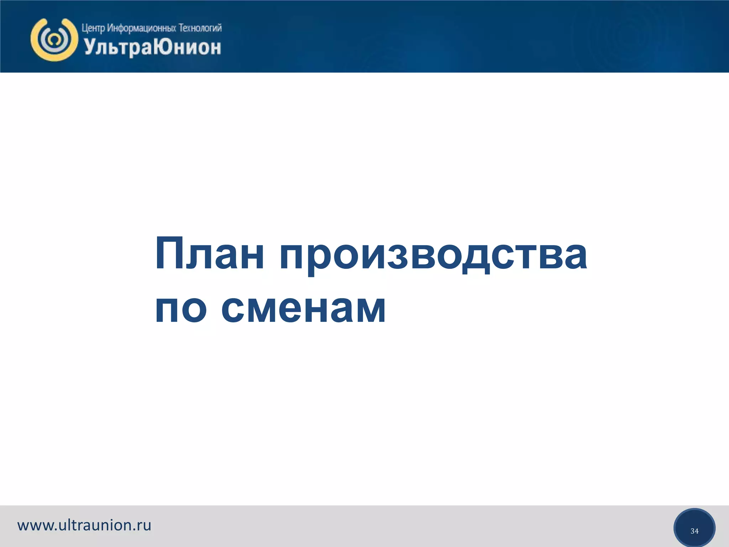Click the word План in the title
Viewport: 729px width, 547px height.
click(210, 254)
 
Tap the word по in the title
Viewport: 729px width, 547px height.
click(181, 307)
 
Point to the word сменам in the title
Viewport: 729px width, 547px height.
click(303, 307)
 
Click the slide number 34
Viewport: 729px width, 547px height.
click(694, 531)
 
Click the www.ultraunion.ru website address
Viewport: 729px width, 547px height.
click(84, 525)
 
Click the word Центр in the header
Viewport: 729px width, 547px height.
click(93, 28)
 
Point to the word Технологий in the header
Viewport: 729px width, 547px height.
click(200, 28)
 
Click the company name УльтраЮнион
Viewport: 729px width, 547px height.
click(153, 47)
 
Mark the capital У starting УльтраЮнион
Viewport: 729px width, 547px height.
click(90, 47)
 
